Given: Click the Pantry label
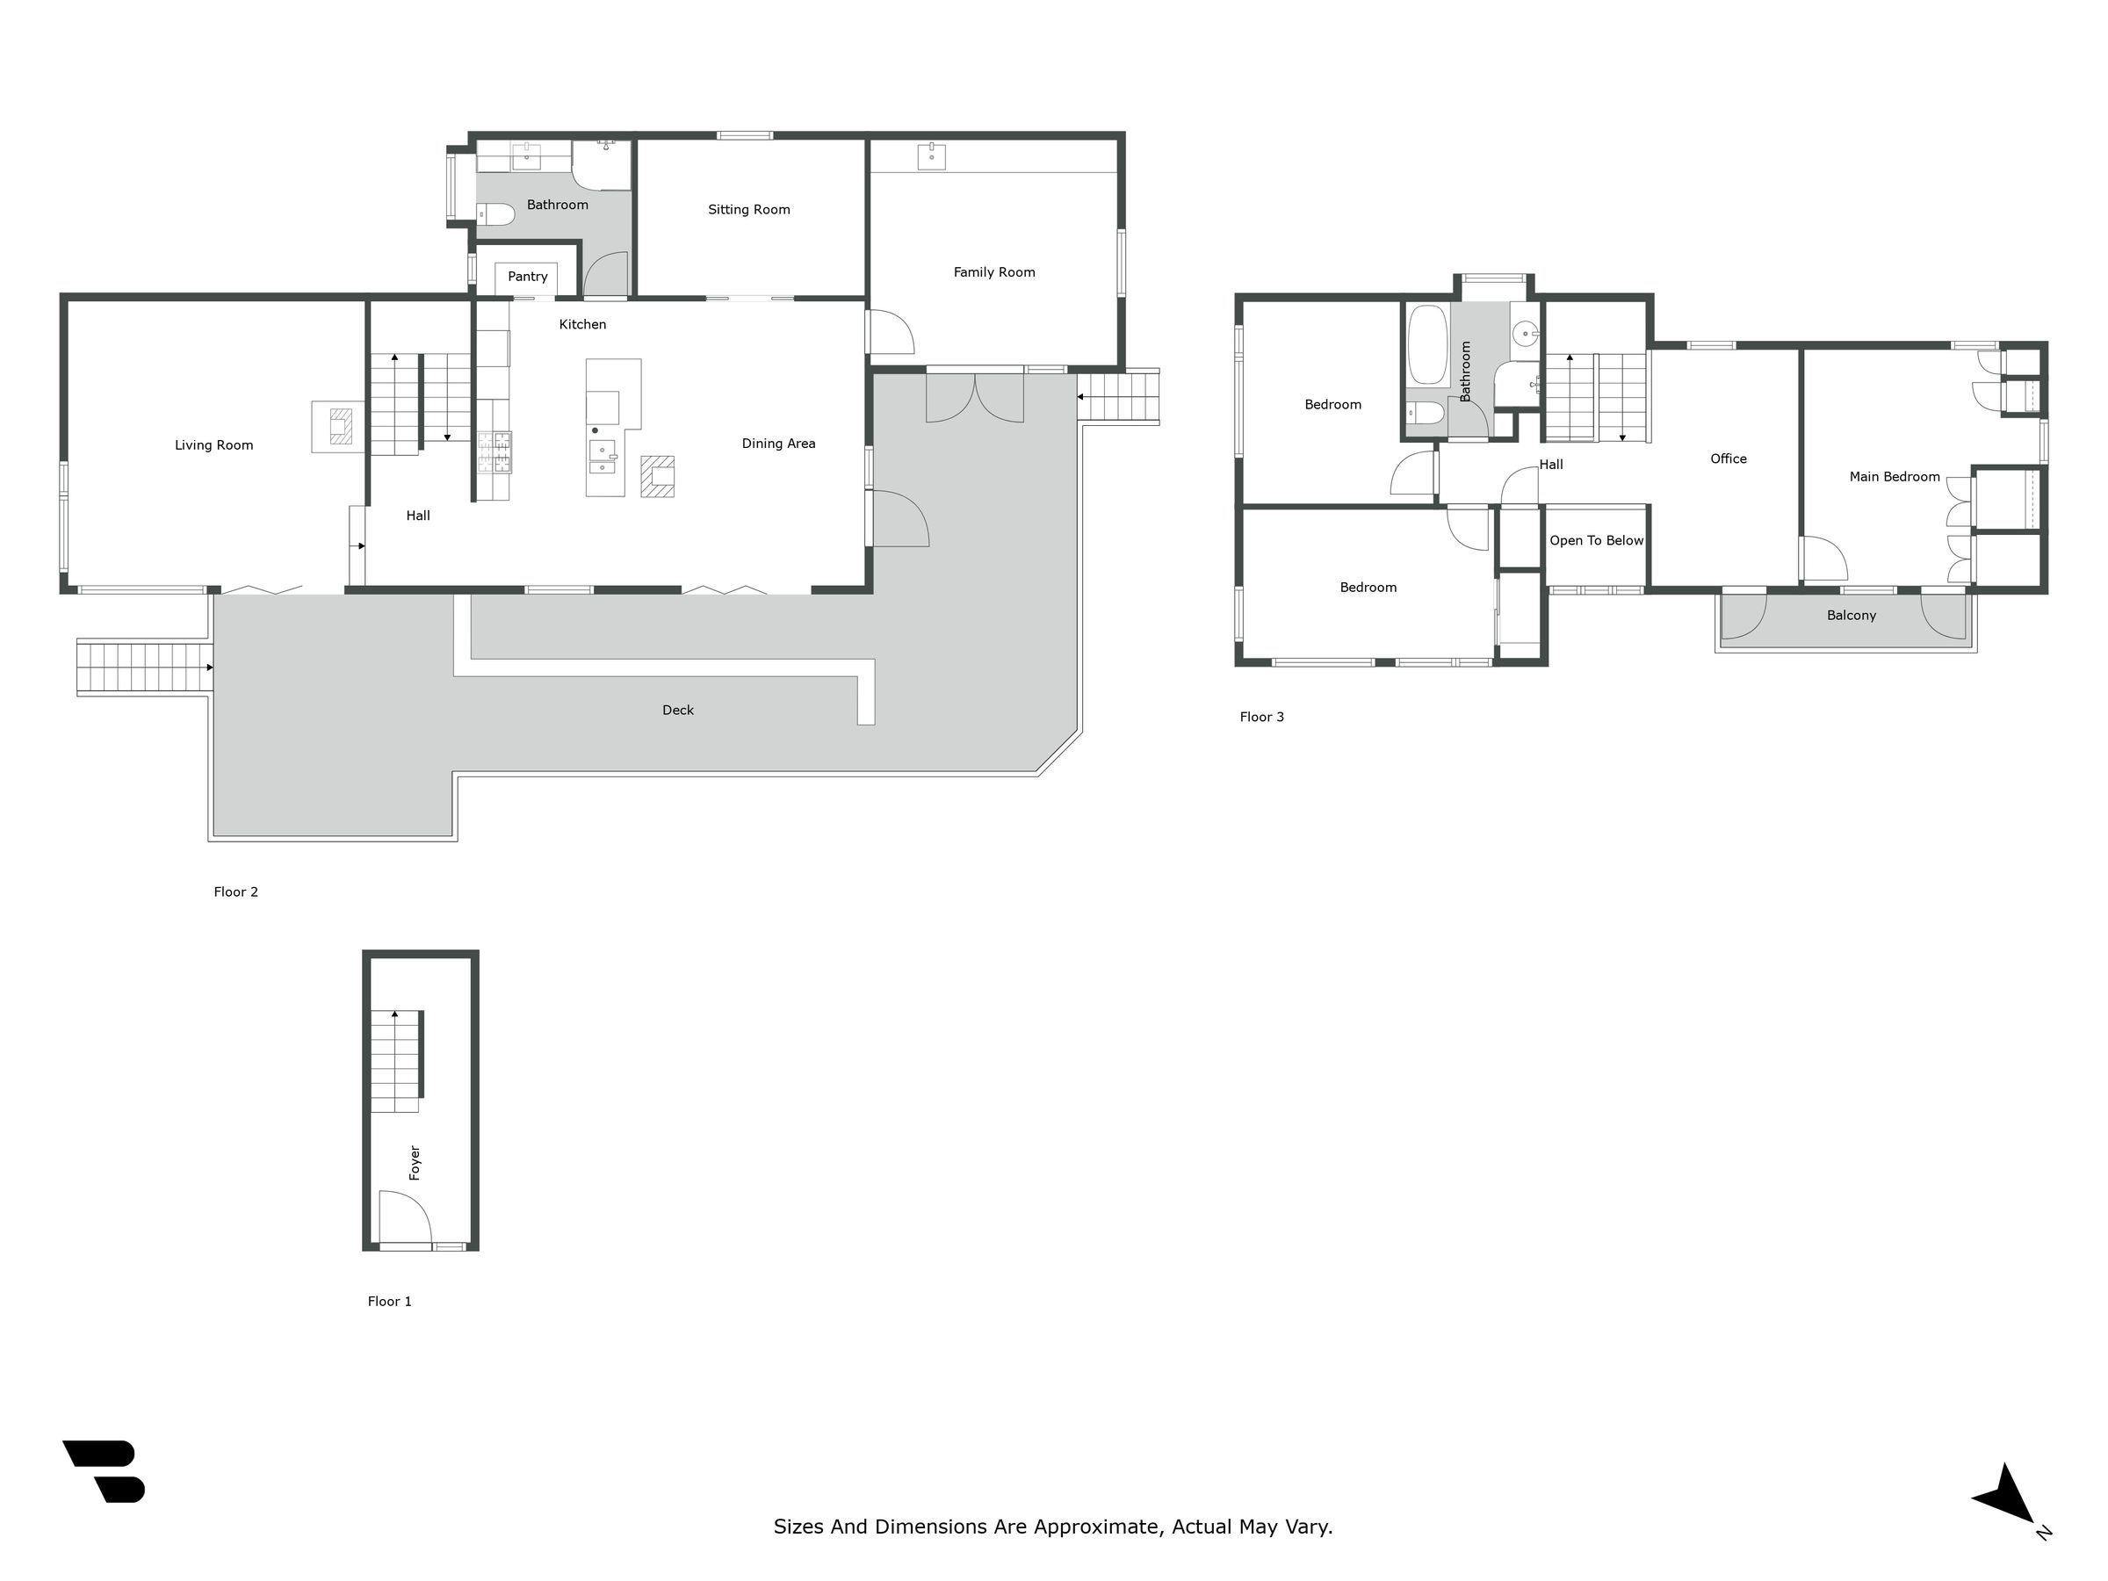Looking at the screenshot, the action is pyautogui.click(x=527, y=277).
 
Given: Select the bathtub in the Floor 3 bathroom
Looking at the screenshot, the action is pyautogui.click(x=1427, y=345).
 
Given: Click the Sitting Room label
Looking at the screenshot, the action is pyautogui.click(x=749, y=210).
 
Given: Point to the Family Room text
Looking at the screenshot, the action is pyautogui.click(x=994, y=272).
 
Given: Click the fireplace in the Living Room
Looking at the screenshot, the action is pyautogui.click(x=338, y=426).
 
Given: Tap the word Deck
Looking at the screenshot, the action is pyautogui.click(x=677, y=710).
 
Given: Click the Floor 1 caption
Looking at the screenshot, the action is pyautogui.click(x=390, y=1301).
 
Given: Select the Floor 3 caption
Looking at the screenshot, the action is pyautogui.click(x=1262, y=717).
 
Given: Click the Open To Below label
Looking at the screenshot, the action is pyautogui.click(x=1596, y=540).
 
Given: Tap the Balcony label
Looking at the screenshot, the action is pyautogui.click(x=1851, y=616).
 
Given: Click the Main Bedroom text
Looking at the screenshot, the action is pyautogui.click(x=1895, y=476).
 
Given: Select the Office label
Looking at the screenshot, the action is pyautogui.click(x=1729, y=458).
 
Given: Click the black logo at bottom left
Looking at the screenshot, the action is pyautogui.click(x=104, y=1471).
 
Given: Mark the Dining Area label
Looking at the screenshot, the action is pyautogui.click(x=778, y=444).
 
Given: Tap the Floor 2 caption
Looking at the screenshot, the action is pyautogui.click(x=235, y=892).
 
